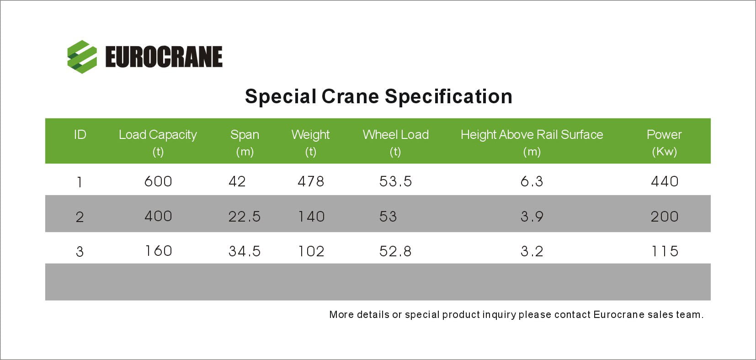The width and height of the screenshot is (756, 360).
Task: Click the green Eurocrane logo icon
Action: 82,57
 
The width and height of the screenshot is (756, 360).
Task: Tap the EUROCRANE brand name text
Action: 164,57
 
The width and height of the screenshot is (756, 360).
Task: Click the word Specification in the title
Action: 448,97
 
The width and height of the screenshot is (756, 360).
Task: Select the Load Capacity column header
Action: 158,143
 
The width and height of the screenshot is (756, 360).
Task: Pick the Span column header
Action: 245,143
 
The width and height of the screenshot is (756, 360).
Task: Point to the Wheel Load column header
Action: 395,143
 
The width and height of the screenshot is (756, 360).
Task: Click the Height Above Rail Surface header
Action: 532,143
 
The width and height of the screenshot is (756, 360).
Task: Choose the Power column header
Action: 664,143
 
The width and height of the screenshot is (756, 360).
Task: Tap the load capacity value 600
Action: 158,181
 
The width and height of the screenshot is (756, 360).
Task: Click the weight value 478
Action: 311,181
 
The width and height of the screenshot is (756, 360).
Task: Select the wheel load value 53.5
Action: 395,181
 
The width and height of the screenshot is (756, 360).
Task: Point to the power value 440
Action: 665,181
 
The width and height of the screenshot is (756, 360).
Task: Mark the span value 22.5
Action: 245,217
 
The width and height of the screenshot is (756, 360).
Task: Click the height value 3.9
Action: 532,217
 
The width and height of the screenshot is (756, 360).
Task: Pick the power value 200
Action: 665,217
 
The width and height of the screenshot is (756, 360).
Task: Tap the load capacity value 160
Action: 158,251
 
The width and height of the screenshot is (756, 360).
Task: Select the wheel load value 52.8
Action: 395,251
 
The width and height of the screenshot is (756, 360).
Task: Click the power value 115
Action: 665,251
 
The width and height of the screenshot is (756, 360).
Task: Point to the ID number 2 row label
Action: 80,217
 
